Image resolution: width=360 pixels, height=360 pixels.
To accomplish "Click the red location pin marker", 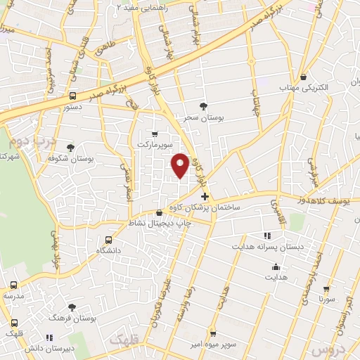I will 181,165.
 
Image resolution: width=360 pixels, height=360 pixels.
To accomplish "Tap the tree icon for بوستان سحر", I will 204,106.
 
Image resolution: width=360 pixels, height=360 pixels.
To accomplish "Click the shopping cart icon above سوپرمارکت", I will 155,133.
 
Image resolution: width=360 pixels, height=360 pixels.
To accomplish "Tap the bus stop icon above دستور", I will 72,96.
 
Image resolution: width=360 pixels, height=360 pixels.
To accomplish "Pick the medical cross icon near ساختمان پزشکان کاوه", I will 205,196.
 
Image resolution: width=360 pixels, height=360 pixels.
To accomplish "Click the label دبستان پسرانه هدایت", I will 266,247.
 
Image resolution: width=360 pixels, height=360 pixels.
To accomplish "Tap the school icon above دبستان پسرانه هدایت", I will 266,236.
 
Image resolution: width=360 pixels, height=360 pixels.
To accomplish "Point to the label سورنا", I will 326,299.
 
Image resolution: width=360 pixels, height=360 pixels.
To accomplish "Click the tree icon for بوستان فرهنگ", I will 72,307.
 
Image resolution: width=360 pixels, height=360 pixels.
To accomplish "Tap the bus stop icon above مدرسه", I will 14,285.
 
